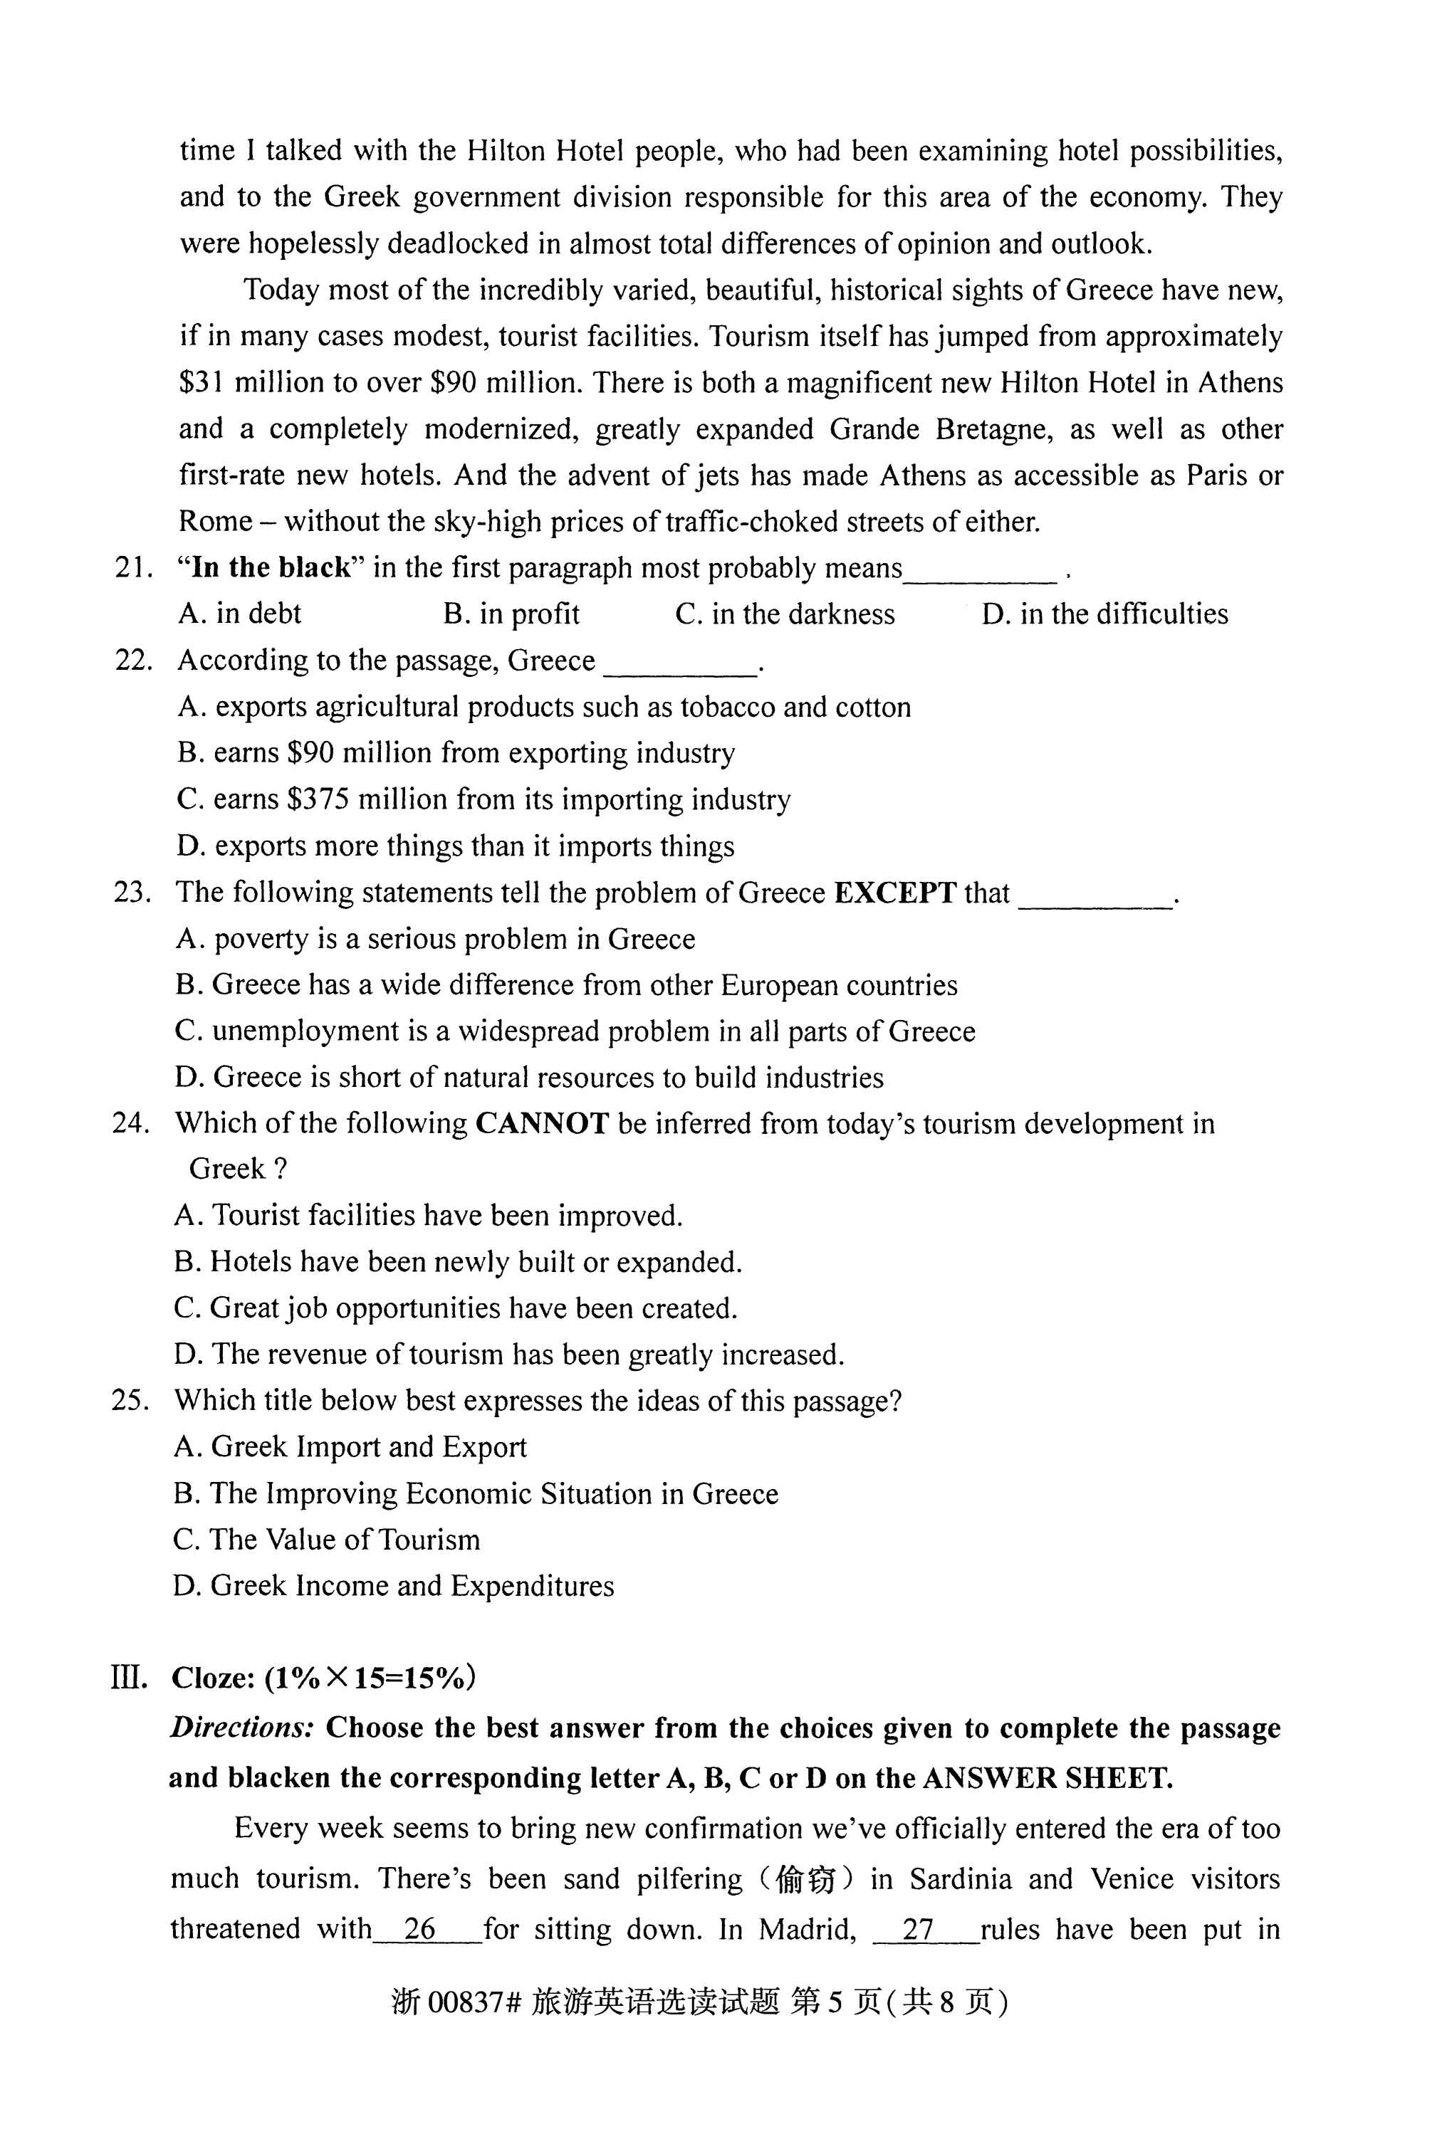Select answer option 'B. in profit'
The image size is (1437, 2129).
point(511,614)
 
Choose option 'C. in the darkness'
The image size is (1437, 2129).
point(785,614)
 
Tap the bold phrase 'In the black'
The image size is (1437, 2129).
point(271,568)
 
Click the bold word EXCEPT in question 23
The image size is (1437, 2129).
point(895,893)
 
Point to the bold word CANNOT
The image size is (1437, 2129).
point(542,1123)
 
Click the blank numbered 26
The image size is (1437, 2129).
point(419,1928)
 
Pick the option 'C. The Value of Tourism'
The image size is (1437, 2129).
point(326,1539)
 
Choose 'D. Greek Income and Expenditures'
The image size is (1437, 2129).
point(393,1586)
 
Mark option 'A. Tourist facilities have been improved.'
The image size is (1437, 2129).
point(428,1216)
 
